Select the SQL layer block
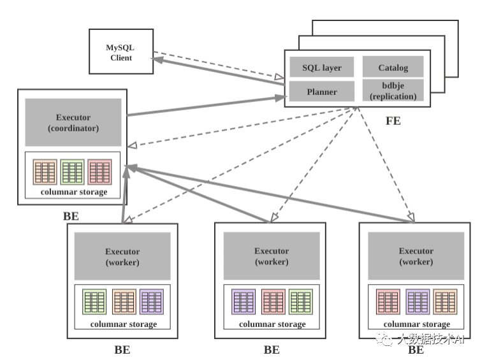click(322, 67)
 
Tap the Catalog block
click(393, 67)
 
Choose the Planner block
click(322, 91)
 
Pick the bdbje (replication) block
click(393, 91)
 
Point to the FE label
click(393, 120)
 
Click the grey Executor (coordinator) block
click(73, 122)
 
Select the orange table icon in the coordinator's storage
click(46, 172)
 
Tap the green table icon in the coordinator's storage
click(73, 172)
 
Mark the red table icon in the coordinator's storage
click(100, 172)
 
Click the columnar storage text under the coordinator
click(73, 192)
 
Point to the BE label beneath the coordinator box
click(71, 215)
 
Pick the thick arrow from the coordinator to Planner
click(204, 106)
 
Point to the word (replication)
click(393, 97)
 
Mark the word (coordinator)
click(73, 128)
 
